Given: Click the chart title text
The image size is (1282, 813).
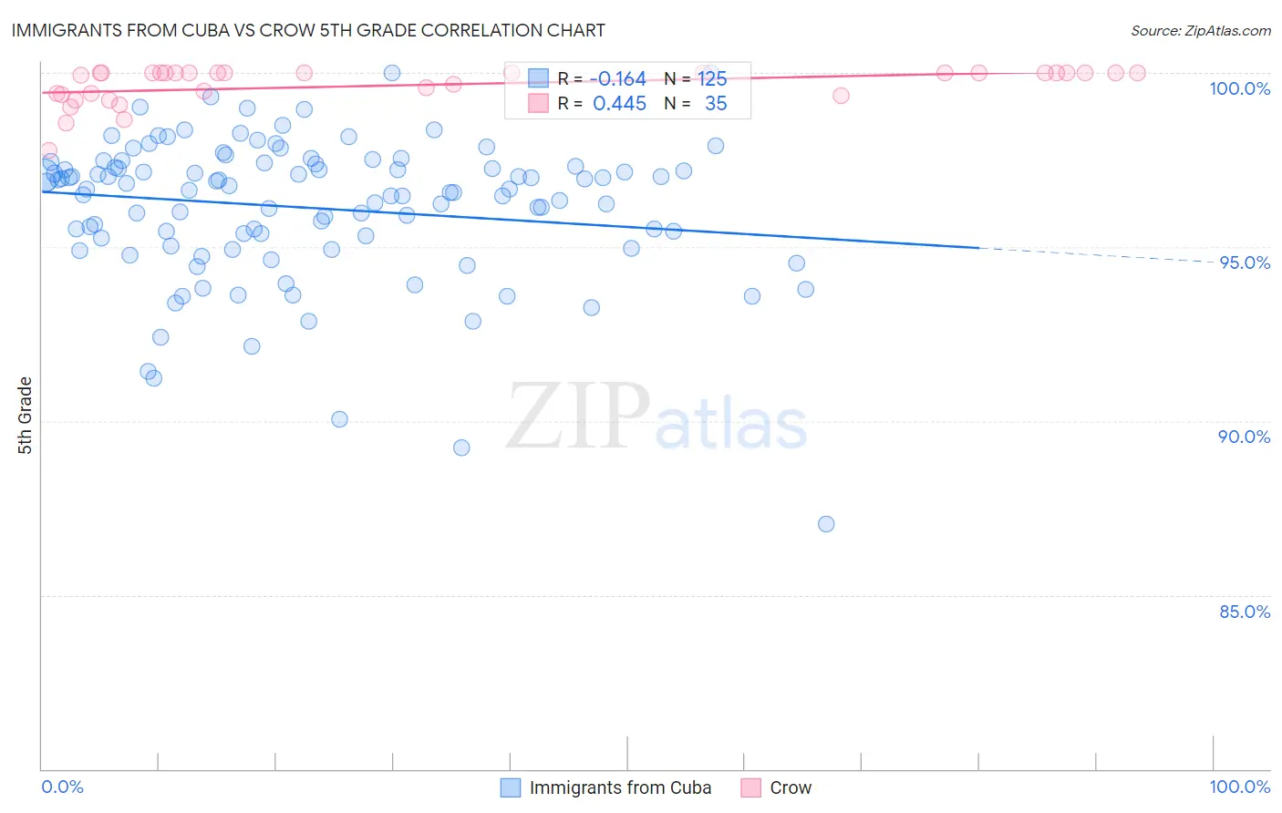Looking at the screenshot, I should point(307,30).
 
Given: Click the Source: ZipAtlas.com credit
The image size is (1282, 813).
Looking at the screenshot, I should point(1200,30).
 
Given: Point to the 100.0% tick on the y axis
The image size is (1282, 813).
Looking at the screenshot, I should point(1239,88).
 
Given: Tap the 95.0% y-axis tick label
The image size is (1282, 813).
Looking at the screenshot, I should point(1245,262).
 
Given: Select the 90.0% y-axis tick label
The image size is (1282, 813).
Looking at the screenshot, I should point(1244,437).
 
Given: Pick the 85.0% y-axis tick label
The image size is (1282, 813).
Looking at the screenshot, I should point(1245,612).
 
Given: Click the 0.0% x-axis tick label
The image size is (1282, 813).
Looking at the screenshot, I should point(62,787).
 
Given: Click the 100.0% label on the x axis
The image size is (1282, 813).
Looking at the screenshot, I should point(1239,787).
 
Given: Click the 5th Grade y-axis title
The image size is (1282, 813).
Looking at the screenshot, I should point(25,415).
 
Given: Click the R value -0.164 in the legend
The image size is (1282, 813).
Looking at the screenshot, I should point(619,79).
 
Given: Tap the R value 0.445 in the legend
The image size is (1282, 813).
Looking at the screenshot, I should point(619,104).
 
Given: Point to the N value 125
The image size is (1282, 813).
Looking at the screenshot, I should point(712,79).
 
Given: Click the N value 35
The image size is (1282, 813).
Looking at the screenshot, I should point(716,104).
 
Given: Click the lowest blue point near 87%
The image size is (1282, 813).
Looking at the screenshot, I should point(826,524).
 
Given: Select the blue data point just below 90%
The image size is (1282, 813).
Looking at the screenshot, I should point(461,448).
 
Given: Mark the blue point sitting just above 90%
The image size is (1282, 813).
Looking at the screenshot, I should point(339,419).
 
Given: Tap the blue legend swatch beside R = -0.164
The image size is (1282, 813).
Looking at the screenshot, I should point(538,79).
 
